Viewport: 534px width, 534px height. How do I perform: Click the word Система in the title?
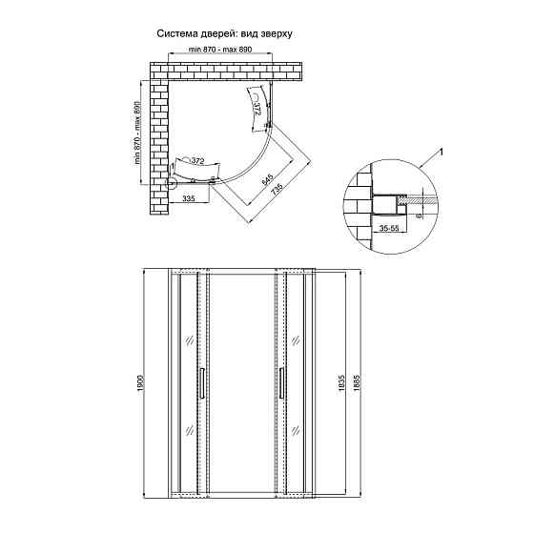pos(176,33)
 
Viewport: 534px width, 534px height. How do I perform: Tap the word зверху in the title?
pos(277,34)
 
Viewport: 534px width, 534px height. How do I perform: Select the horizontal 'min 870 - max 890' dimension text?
pos(220,50)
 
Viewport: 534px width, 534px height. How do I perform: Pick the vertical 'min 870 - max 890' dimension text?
pos(137,133)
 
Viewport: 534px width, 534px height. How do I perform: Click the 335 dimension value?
pos(189,198)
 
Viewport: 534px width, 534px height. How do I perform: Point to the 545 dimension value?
pos(268,179)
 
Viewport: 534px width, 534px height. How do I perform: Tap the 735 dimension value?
pos(277,190)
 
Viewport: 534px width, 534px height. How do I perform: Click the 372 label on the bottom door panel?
pos(197,161)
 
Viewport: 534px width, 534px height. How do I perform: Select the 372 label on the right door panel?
pos(257,109)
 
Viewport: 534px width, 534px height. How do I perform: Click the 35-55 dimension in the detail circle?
pos(389,228)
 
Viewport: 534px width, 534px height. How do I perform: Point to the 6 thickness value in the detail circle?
pos(419,216)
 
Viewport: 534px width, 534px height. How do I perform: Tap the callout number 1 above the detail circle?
pos(441,153)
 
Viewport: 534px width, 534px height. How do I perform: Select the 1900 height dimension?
pos(141,383)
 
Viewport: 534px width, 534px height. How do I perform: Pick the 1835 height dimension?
pos(342,383)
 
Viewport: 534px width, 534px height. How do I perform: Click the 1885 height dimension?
pos(357,383)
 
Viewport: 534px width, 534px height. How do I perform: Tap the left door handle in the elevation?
pos(202,382)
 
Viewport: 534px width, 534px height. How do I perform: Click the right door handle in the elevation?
pos(281,382)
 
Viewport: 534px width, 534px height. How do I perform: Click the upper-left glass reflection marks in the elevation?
pos(190,340)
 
